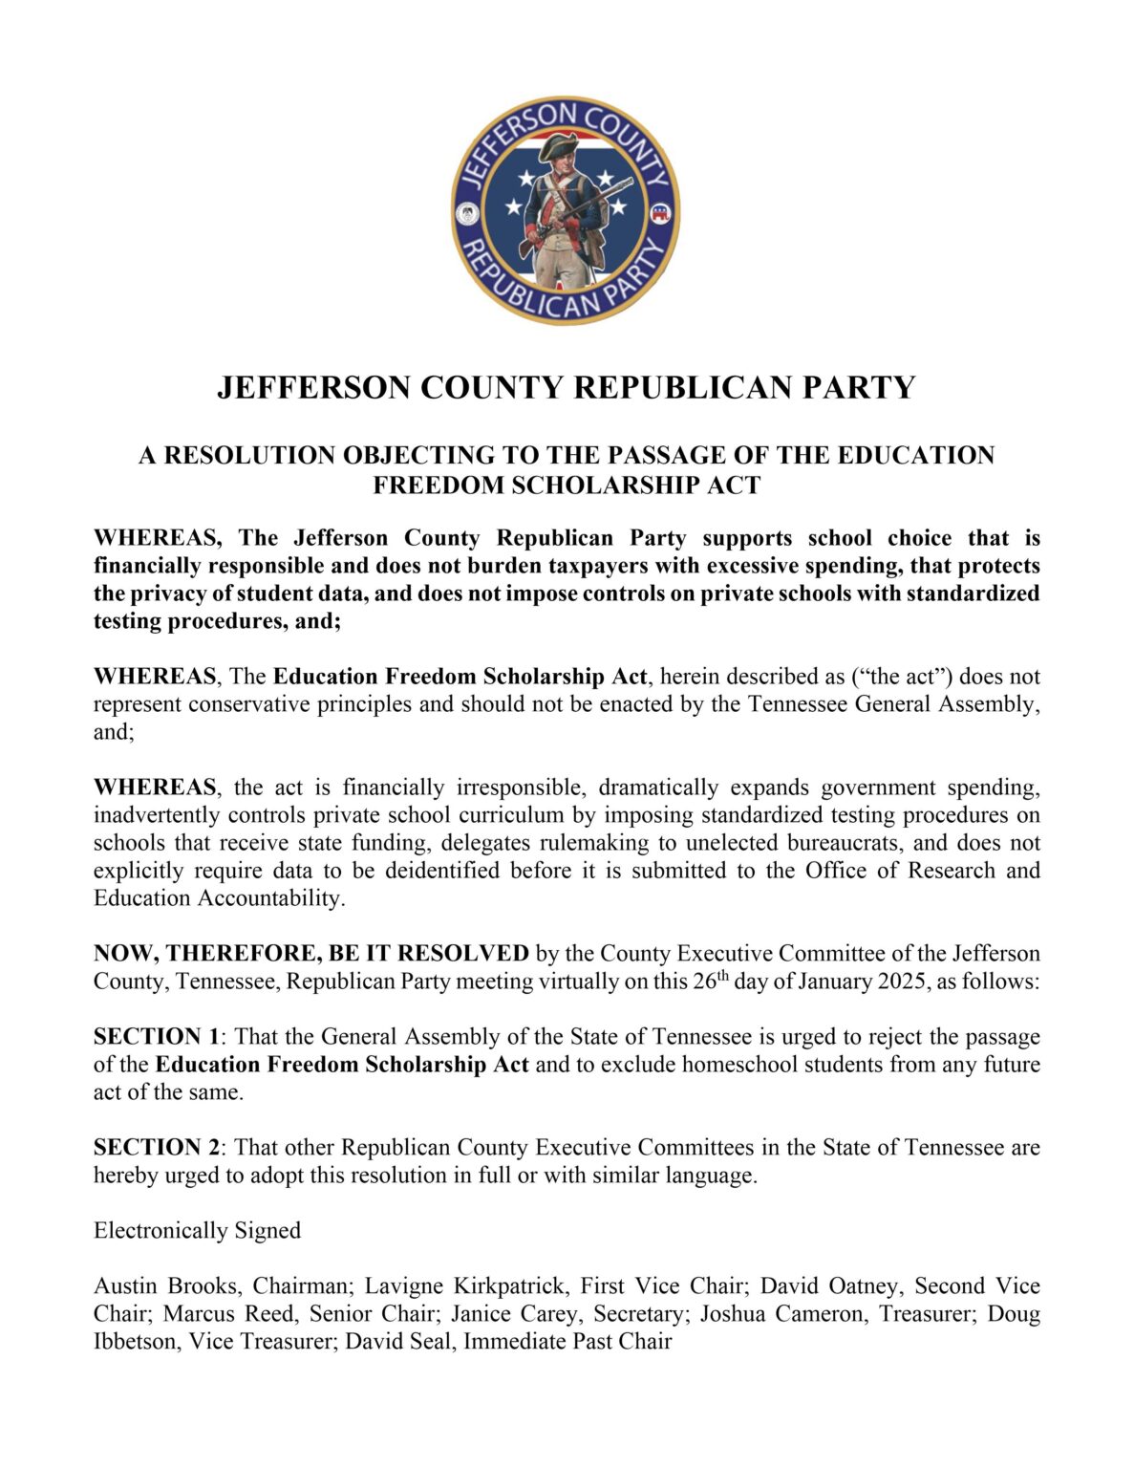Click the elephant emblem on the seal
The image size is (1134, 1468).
tap(658, 213)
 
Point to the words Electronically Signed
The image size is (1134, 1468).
tap(197, 1230)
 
